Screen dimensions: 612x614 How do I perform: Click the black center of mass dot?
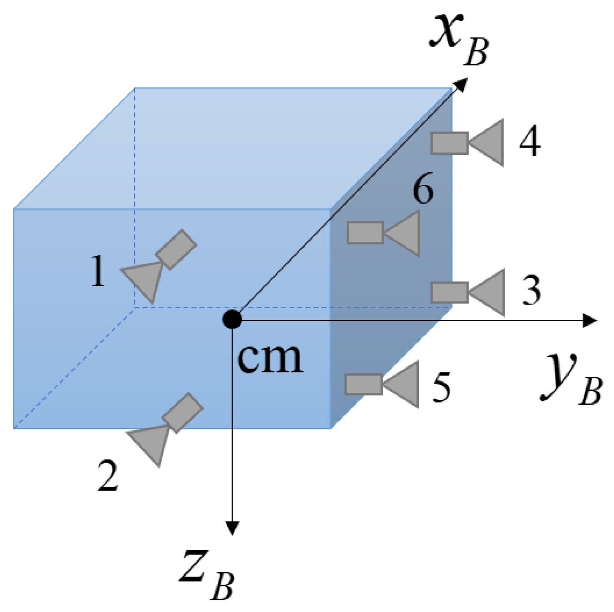[x=232, y=319]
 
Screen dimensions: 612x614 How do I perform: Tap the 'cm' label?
[x=270, y=358]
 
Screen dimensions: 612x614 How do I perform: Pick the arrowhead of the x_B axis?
[x=462, y=83]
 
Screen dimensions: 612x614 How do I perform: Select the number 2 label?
[x=108, y=476]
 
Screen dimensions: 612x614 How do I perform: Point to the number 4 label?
[x=530, y=141]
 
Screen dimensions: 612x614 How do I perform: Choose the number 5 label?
[x=441, y=386]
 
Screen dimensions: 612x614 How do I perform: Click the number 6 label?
[x=423, y=189]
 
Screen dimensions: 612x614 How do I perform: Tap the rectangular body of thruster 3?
[x=449, y=292]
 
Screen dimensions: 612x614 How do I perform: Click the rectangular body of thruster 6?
[x=365, y=233]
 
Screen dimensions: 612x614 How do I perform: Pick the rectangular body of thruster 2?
[x=182, y=413]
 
